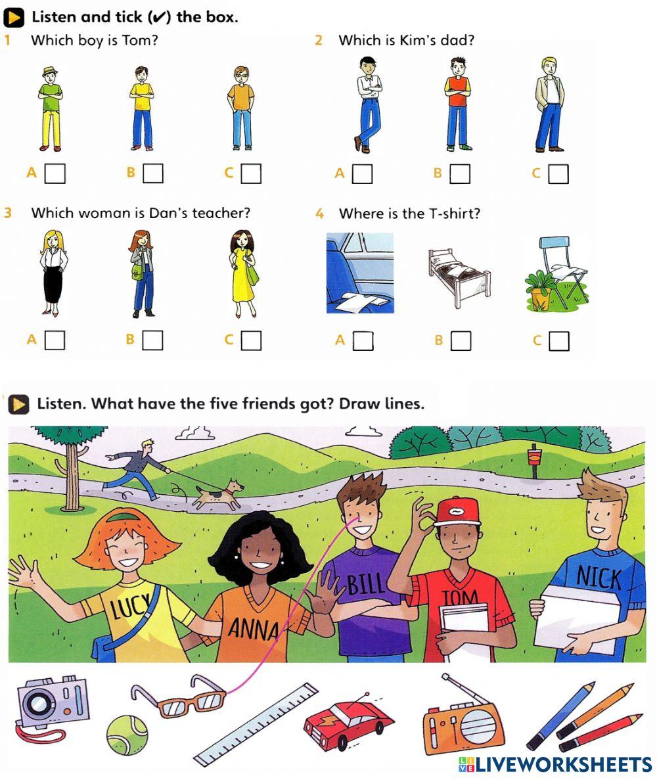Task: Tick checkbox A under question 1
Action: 55,173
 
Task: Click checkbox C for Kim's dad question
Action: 558,173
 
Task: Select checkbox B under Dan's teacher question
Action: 152,340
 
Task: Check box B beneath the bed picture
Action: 461,340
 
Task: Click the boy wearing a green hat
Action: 49,108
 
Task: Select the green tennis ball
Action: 127,734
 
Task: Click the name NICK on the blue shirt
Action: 599,578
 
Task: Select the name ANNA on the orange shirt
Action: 254,629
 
